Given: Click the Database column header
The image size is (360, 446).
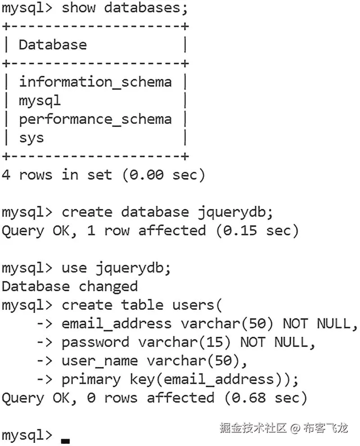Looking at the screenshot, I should (x=52, y=45).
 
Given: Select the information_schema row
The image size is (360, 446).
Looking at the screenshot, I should (x=95, y=81).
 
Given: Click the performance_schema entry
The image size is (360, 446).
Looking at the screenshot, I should (x=95, y=119).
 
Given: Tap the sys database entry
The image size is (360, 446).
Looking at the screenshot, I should (x=31, y=138).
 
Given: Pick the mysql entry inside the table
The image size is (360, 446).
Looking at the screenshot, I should (x=40, y=101).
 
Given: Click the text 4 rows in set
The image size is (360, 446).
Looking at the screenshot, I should (x=57, y=175).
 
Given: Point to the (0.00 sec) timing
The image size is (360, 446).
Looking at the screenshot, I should (x=163, y=175).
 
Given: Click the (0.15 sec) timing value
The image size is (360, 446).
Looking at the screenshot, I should (x=256, y=230).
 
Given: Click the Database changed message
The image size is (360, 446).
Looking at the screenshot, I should (x=70, y=286).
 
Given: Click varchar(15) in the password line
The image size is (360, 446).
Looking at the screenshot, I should (x=184, y=342).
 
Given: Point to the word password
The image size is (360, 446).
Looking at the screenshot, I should (x=95, y=342).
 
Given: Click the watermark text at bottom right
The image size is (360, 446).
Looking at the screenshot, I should (x=283, y=428).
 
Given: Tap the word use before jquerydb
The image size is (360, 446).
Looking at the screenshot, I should (x=74, y=268).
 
